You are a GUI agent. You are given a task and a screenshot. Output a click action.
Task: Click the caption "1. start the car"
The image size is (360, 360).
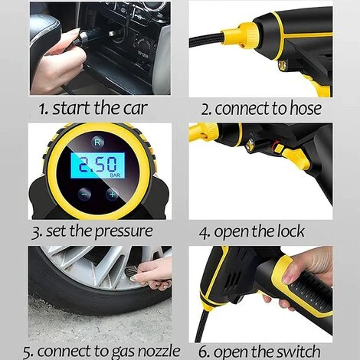(90, 108)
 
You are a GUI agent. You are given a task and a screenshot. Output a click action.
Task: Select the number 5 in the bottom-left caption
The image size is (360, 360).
(28, 352)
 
